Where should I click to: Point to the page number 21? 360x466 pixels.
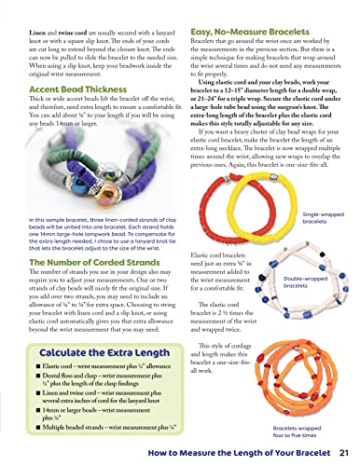click(x=343, y=453)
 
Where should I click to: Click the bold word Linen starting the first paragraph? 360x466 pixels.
click(x=19, y=9)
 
